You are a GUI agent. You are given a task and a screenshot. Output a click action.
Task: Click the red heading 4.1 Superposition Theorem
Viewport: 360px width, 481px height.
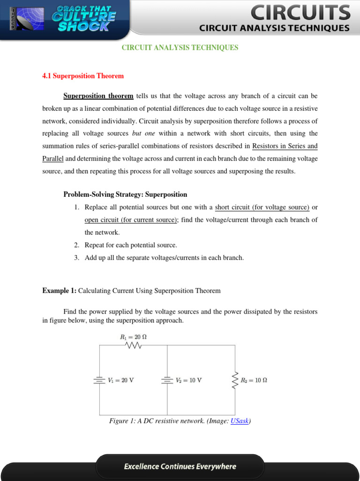coord(83,76)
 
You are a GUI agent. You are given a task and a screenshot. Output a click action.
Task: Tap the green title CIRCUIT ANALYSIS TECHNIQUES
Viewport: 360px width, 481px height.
coord(180,47)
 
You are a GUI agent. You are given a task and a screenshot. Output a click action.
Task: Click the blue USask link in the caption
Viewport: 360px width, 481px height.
coord(240,421)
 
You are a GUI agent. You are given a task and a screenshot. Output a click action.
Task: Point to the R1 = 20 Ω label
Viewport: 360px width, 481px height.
coord(134,337)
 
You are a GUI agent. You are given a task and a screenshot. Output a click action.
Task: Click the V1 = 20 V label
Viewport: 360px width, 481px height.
coord(121,380)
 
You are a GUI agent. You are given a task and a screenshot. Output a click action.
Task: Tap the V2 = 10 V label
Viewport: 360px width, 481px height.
coord(189,380)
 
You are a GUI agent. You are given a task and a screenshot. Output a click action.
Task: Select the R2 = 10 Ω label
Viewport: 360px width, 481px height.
coord(254,380)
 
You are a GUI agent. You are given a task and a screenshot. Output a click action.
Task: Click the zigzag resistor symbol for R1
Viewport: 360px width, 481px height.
coord(134,345)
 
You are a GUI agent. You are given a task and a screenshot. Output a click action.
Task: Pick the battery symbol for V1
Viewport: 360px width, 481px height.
coord(99,380)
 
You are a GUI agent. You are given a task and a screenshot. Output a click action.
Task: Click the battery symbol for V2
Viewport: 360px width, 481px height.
coord(167,380)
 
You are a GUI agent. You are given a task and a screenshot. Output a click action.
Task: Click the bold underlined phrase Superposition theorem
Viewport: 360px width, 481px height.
coord(98,96)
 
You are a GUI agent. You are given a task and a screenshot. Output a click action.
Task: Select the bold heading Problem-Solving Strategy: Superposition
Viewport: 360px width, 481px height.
coord(125,194)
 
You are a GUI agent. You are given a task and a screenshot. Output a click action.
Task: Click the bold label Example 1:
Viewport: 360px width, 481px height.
coord(59,291)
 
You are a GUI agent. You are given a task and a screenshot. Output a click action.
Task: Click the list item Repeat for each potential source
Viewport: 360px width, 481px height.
coord(131,245)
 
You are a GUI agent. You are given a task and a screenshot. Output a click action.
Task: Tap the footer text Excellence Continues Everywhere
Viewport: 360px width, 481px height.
coord(180,466)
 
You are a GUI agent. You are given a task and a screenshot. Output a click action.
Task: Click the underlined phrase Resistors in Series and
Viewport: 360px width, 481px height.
coord(285,146)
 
